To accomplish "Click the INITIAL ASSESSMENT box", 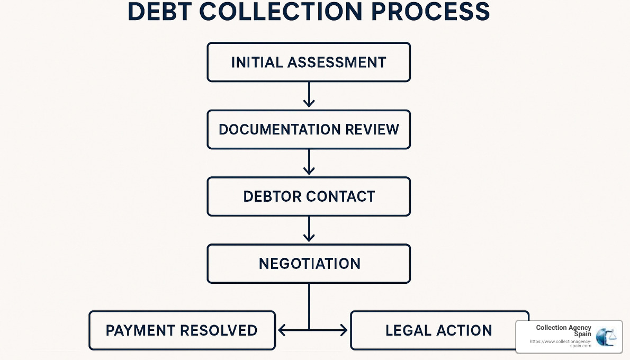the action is point(309,62).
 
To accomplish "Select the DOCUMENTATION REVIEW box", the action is point(309,129).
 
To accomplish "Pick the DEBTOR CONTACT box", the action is point(309,196).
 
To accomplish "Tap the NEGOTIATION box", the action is point(309,264).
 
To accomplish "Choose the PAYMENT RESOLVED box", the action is point(182,330).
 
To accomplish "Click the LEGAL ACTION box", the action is point(434,330).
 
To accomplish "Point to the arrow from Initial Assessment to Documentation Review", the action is point(309,96).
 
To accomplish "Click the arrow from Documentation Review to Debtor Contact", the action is point(309,163).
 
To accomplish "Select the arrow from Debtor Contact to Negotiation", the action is point(309,230).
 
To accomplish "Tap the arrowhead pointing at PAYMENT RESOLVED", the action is point(283,331).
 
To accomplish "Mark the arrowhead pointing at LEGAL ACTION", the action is point(343,331).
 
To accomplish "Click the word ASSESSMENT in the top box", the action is point(337,62).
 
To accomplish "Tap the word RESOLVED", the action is point(219,330).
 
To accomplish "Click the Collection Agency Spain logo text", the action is point(563,331).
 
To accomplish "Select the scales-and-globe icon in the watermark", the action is point(606,337).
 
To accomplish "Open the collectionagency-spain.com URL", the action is point(561,343).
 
